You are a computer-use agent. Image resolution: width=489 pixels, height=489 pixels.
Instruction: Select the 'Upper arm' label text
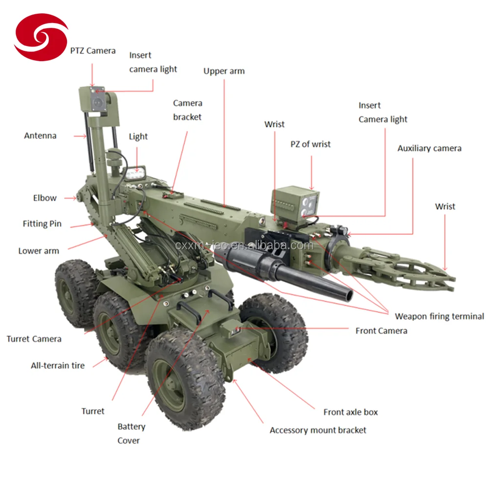coord(224,71)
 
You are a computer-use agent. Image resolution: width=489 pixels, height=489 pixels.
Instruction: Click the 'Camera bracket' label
coord(187,110)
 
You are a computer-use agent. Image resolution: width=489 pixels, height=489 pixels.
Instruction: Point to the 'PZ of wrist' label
coord(311,144)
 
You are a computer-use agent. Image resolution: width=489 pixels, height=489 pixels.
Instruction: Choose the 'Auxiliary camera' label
coord(429,148)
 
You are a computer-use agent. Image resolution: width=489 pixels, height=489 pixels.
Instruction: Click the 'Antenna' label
coord(40,135)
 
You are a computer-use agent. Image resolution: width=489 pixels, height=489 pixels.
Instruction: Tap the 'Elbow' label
coord(44,198)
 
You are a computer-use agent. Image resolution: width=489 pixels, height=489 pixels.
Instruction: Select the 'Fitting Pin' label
coord(42,224)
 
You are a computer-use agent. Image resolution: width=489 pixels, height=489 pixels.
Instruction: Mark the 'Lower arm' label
coord(39,251)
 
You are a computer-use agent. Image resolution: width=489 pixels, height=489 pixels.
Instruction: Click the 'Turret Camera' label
coord(34,339)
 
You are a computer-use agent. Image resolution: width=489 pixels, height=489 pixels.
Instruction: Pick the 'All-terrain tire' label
coord(58,365)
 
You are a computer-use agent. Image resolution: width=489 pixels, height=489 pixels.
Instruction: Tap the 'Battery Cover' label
coord(131,433)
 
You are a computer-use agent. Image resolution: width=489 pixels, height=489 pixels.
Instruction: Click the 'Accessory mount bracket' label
coord(318,430)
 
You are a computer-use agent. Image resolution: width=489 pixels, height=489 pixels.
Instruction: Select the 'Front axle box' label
coord(351,412)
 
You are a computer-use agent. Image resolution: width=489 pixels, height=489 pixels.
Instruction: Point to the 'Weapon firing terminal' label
coord(439,316)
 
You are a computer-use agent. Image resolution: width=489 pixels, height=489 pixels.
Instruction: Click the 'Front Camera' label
coord(381,331)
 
